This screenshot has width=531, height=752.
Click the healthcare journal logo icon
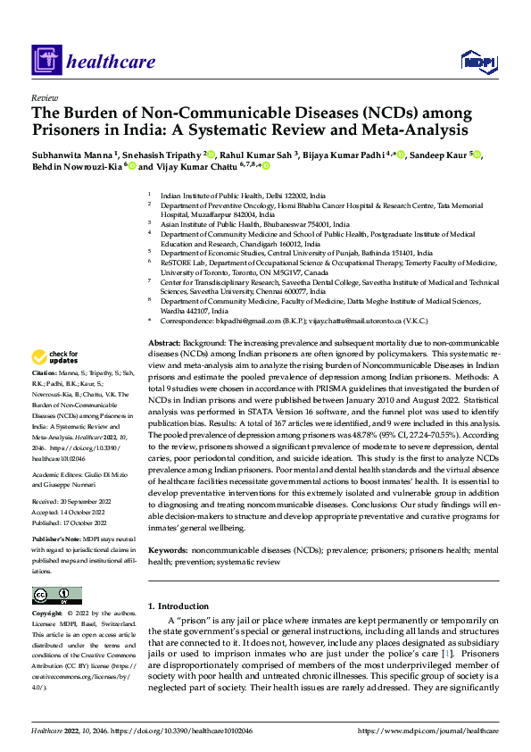pyautogui.click(x=46, y=61)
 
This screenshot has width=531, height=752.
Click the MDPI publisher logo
pyautogui.click(x=477, y=61)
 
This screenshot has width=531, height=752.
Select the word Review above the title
pyautogui.click(x=44, y=97)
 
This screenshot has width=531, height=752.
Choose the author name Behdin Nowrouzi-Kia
pyautogui.click(x=76, y=166)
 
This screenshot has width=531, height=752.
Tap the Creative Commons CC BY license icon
pyautogui.click(x=56, y=596)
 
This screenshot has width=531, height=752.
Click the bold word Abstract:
pyautogui.click(x=163, y=343)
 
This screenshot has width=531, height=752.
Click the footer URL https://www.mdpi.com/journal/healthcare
pyautogui.click(x=427, y=731)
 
